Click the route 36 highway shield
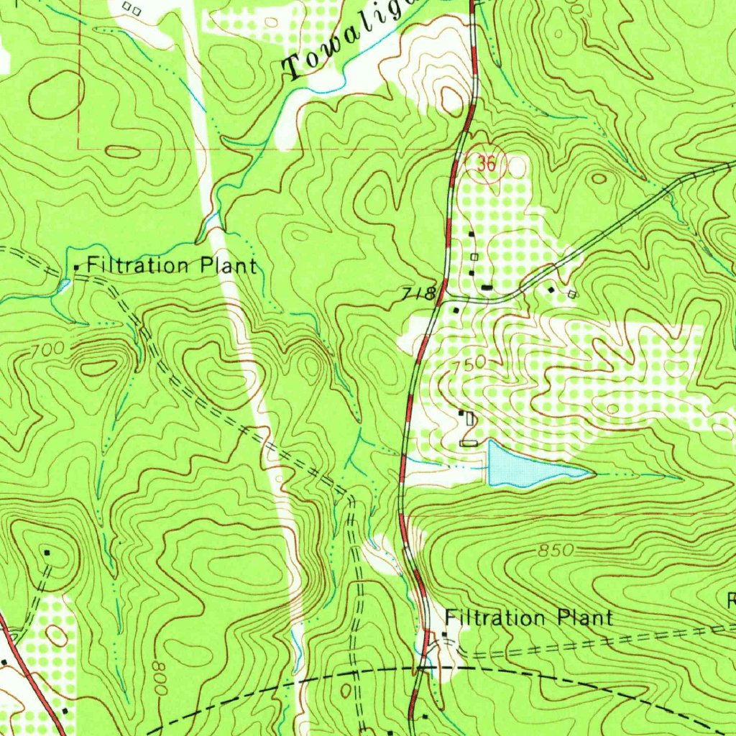tap(487, 164)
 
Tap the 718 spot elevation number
tap(420, 293)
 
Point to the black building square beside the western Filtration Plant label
tap(77, 268)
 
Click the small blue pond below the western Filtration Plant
tap(63, 287)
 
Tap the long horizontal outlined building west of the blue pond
tap(468, 443)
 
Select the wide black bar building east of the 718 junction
tap(487, 287)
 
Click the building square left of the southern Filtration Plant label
tap(444, 634)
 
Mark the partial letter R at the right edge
tap(731, 601)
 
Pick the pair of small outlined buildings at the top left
tap(131, 9)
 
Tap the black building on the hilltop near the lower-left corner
tap(47, 552)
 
